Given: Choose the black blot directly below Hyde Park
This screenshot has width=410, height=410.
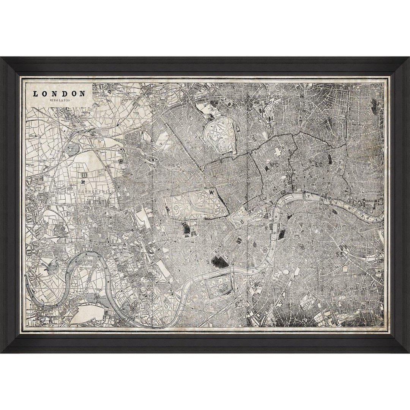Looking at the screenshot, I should pos(186,228).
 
